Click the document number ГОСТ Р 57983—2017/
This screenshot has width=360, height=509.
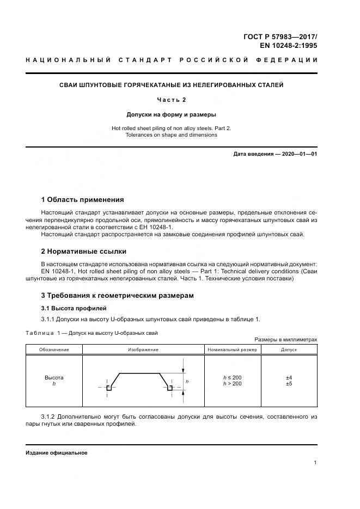[280, 36]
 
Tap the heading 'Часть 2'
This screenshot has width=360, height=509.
[171, 100]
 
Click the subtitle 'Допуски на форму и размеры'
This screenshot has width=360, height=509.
[171, 115]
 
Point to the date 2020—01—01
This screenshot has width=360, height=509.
[298, 154]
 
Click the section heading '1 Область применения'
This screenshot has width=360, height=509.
[82, 199]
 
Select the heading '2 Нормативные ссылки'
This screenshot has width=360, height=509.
[83, 251]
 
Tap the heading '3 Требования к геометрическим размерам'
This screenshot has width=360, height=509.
[117, 295]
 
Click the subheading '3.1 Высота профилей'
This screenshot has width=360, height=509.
[68, 308]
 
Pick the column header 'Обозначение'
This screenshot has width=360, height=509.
[53, 349]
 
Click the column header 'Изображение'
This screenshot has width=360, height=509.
[143, 349]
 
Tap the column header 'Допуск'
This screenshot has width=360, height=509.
[289, 349]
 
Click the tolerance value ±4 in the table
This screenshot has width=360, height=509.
[289, 377]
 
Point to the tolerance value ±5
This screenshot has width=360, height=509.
[289, 384]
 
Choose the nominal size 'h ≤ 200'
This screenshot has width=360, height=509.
[232, 377]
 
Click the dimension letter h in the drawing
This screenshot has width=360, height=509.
[187, 382]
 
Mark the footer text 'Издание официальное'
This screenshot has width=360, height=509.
[56, 452]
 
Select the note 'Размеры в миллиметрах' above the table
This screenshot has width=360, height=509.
[285, 339]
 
